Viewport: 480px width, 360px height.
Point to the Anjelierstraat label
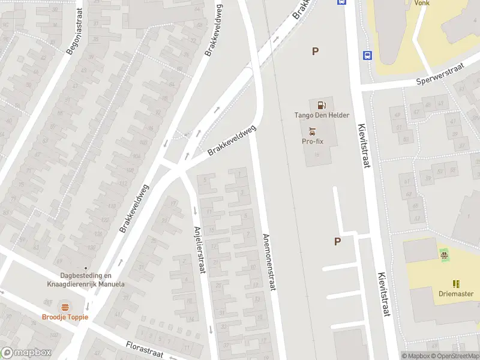click(200, 250)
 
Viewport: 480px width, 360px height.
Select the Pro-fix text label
click(313, 142)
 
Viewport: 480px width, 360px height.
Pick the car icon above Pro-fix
click(312, 131)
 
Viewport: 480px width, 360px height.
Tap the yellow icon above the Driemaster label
click(455, 283)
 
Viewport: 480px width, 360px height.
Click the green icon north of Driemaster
click(444, 256)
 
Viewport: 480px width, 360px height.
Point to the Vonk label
click(422, 3)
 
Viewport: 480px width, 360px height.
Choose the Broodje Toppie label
click(65, 317)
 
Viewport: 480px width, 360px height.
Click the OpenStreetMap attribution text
click(455, 356)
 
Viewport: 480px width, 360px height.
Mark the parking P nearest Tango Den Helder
click(315, 52)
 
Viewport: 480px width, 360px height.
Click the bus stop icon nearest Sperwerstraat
click(367, 56)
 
